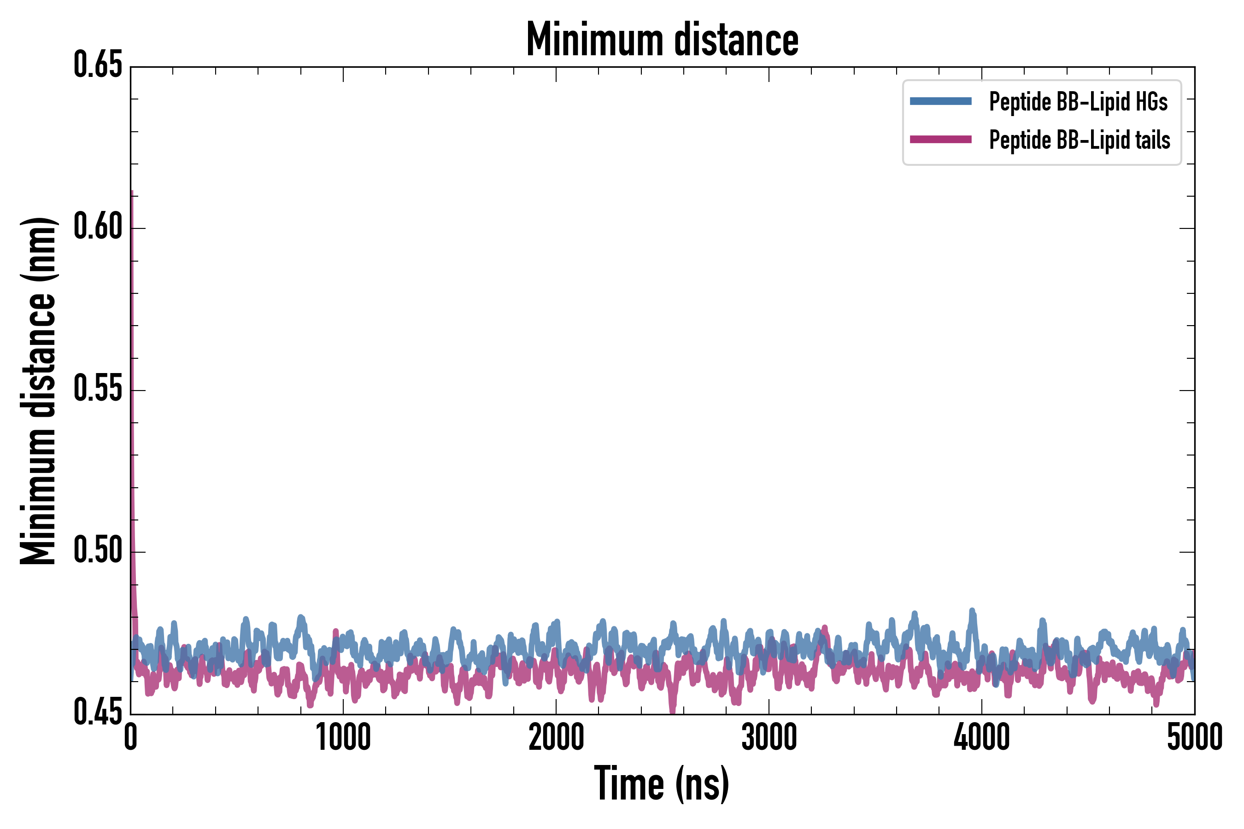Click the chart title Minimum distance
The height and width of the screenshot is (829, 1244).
click(x=662, y=40)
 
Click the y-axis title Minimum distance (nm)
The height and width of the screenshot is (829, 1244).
click(x=38, y=391)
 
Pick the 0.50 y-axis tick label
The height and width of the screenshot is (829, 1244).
click(x=98, y=551)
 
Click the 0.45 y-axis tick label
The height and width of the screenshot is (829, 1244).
click(x=98, y=712)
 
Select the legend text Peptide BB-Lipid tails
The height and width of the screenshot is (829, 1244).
click(x=1080, y=140)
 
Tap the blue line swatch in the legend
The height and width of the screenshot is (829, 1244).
click(x=940, y=101)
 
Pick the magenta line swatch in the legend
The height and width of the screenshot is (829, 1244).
click(x=940, y=140)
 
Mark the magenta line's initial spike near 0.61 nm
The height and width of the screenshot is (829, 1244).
click(x=132, y=193)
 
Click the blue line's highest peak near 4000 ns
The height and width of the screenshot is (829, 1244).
click(x=972, y=611)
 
